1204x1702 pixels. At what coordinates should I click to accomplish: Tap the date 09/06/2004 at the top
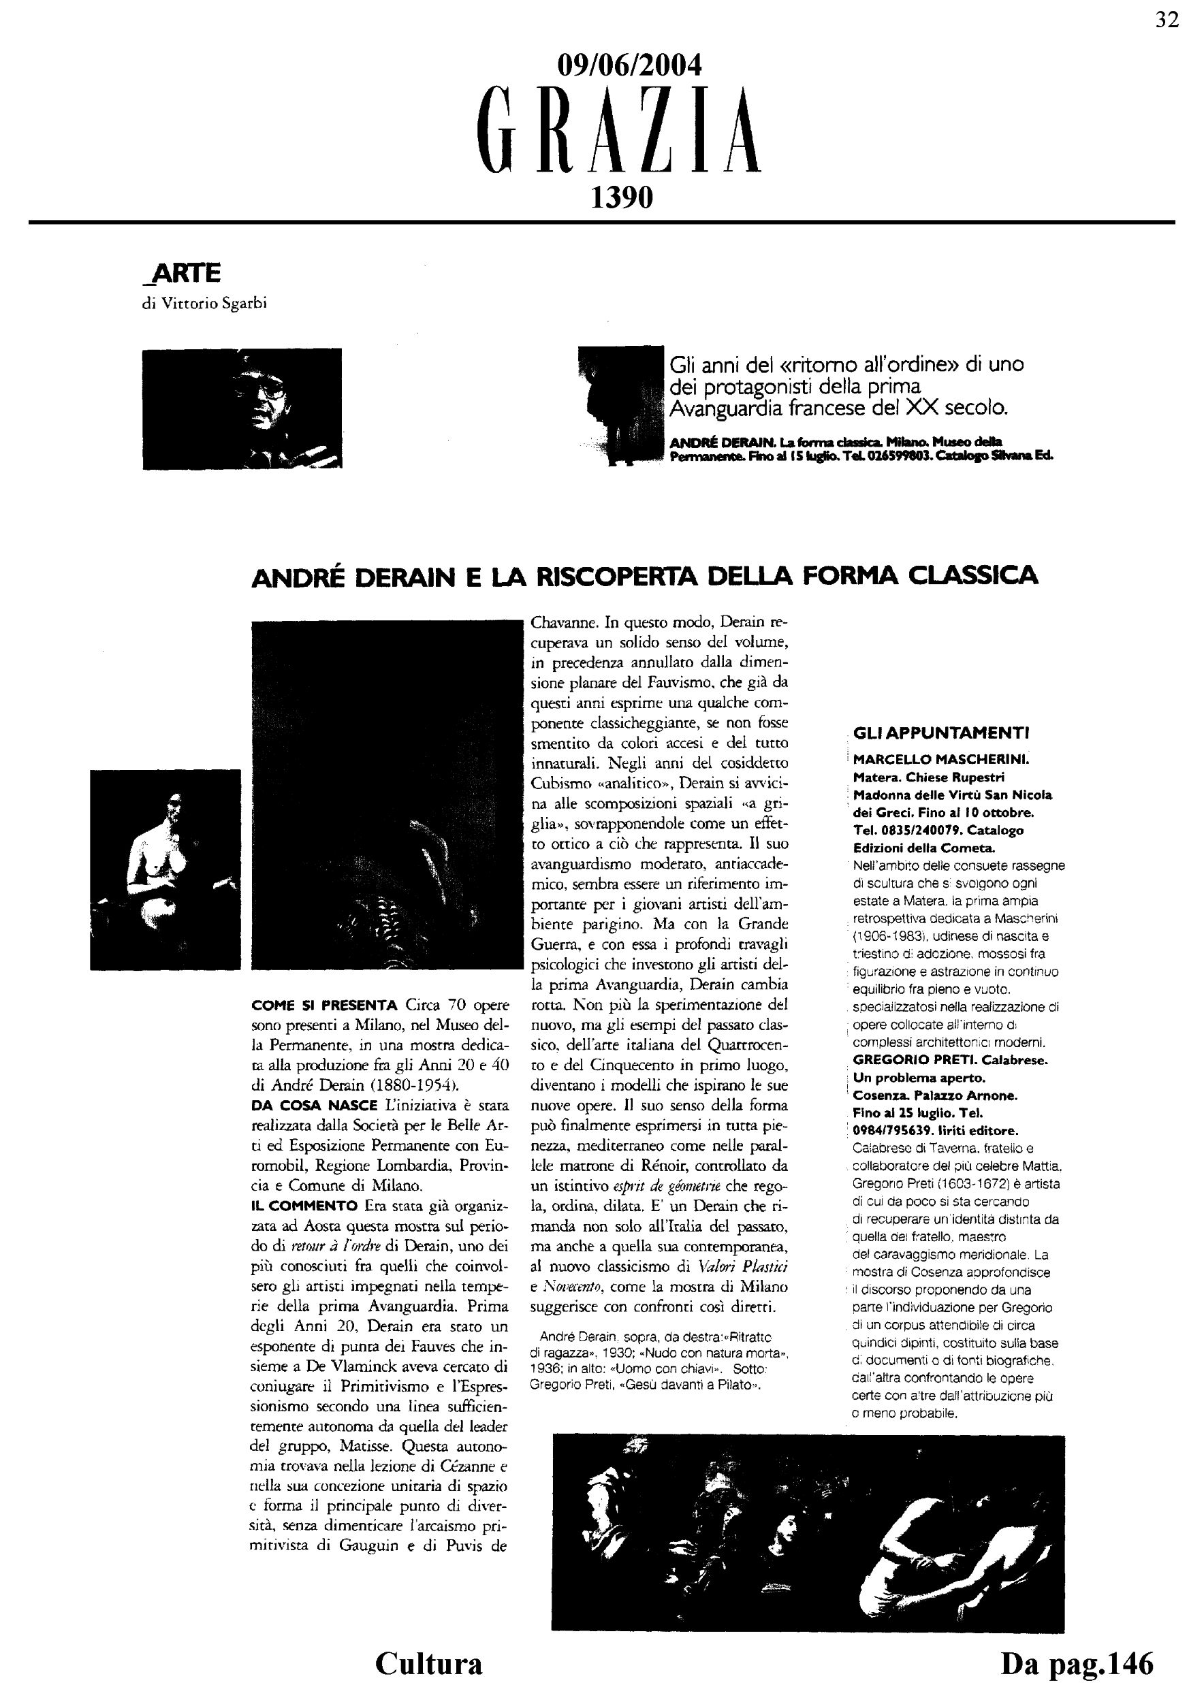(x=629, y=66)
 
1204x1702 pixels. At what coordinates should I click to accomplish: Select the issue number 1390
(x=621, y=197)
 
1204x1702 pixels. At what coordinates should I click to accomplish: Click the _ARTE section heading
(x=181, y=274)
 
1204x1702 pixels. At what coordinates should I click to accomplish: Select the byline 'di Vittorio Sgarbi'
(x=204, y=304)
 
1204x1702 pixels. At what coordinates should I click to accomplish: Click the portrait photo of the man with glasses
(x=242, y=408)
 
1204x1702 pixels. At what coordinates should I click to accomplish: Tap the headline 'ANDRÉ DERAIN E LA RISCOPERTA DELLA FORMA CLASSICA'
(x=644, y=576)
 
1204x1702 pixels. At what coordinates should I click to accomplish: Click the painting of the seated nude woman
(x=165, y=869)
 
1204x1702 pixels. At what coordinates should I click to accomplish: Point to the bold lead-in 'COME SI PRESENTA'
(x=325, y=1006)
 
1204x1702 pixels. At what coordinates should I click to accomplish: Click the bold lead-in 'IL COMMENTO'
(x=306, y=1204)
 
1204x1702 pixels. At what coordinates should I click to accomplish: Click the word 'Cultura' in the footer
(x=428, y=1663)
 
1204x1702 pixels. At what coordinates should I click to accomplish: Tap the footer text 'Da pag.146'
(x=1077, y=1663)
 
